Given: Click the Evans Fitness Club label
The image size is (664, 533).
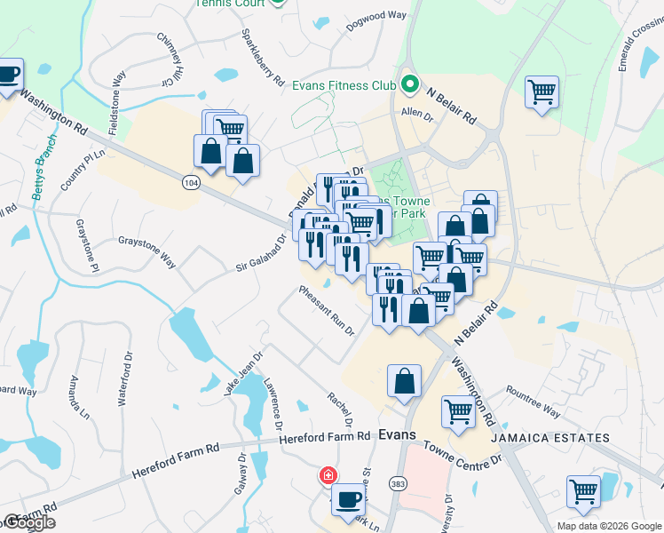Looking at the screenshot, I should tap(344, 86).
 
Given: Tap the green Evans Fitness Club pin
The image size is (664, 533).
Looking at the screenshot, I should tap(409, 85).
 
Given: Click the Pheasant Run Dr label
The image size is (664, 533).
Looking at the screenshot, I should tap(327, 310).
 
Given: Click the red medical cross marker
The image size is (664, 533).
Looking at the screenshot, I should tap(328, 475).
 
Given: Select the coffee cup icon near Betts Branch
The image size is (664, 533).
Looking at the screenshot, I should tap(9, 74).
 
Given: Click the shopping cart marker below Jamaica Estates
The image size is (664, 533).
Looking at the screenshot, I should tap(583, 491).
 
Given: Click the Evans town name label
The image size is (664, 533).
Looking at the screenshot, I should tap(397, 435).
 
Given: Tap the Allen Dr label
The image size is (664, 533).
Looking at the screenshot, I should tap(416, 115).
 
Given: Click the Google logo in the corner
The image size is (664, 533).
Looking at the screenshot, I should tap(28, 522).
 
